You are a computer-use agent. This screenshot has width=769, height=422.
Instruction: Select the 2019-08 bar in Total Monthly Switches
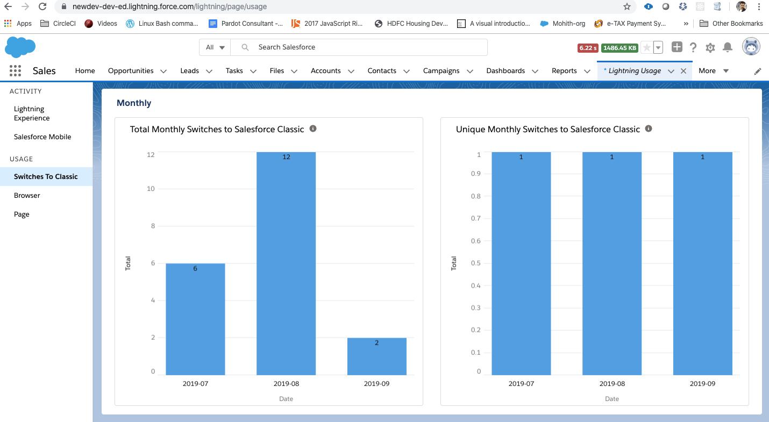point(286,263)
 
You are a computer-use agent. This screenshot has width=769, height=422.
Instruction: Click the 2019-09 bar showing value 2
point(376,356)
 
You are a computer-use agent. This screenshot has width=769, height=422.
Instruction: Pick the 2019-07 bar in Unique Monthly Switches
point(521,263)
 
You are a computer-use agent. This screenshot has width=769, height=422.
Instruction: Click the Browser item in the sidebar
point(27,195)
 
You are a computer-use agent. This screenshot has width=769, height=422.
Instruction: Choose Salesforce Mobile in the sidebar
point(42,137)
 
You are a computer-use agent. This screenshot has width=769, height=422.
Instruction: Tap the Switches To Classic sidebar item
point(46,176)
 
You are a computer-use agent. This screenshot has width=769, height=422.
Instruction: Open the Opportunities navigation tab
point(131,71)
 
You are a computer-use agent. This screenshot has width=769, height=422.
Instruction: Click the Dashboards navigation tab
point(505,71)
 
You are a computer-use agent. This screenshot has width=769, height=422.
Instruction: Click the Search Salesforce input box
point(366,47)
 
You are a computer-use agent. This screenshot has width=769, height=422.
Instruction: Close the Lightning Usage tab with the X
point(683,71)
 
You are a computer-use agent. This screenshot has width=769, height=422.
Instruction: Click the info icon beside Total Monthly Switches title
point(313,128)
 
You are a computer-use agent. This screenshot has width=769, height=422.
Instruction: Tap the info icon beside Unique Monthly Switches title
point(649,128)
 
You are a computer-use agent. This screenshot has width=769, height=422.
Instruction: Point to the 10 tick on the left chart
point(151,189)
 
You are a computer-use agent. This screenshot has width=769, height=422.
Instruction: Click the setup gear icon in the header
point(710,47)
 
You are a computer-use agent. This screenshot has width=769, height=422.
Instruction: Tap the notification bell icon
point(728,47)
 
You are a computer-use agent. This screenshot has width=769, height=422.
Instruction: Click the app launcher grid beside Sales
point(15,71)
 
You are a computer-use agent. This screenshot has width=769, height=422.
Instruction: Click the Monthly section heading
point(134,103)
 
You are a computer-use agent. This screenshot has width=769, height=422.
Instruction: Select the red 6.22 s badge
point(588,48)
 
